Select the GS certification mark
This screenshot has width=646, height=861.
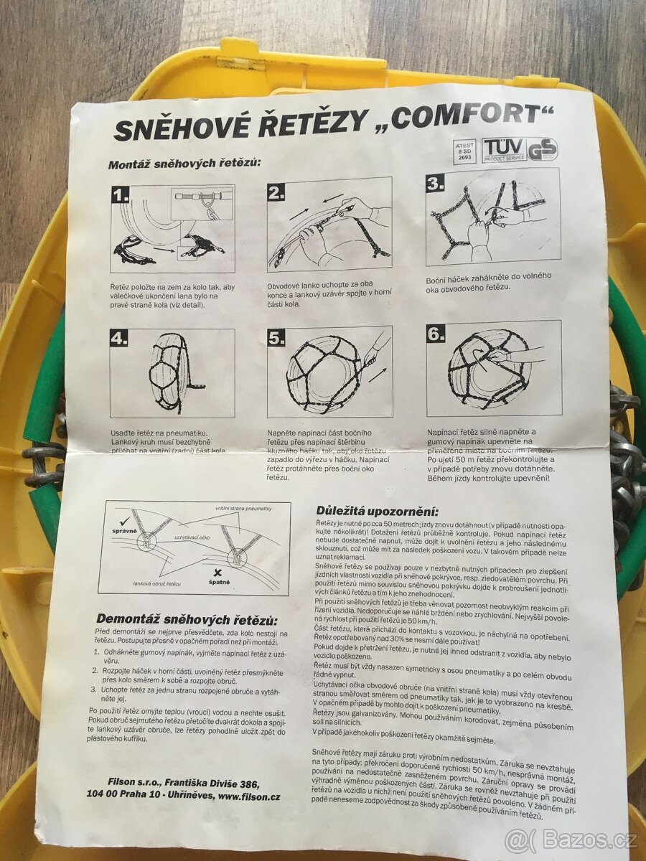coord(543,149)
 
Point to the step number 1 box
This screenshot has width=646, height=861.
coord(121,194)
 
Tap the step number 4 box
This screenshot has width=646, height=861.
coord(119,338)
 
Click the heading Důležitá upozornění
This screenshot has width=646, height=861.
coord(377,511)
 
